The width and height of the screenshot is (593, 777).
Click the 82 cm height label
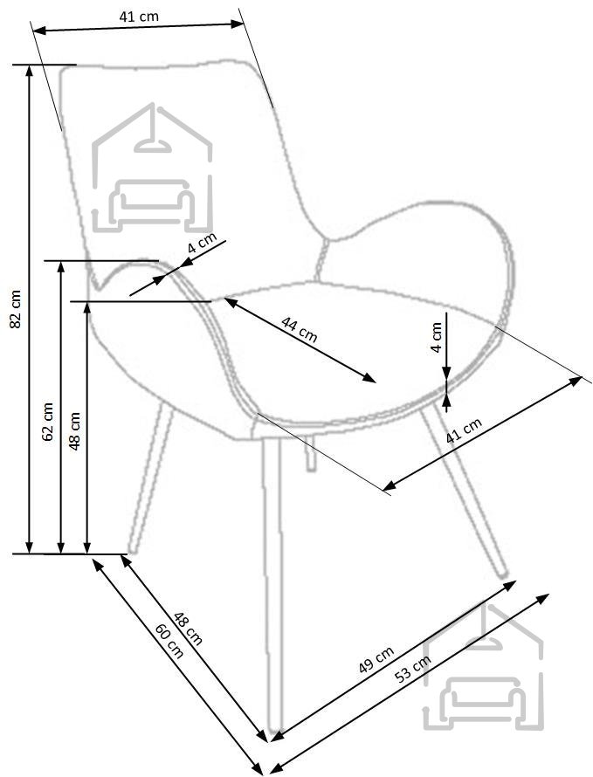click(x=16, y=309)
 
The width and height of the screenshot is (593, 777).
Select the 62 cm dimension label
click(x=48, y=422)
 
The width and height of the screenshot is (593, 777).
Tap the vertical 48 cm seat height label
click(x=74, y=430)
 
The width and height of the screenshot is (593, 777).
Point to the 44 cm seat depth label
click(x=299, y=329)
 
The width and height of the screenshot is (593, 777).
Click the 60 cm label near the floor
click(x=169, y=641)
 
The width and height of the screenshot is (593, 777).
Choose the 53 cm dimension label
click(x=413, y=669)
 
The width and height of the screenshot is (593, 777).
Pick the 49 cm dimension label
click(x=376, y=659)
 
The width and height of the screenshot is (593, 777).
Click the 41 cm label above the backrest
click(x=139, y=17)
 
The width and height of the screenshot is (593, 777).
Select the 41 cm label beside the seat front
click(x=464, y=431)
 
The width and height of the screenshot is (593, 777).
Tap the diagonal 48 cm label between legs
click(x=188, y=629)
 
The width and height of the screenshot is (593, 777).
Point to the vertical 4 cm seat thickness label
click(x=436, y=337)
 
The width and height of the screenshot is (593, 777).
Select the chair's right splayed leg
click(x=464, y=490)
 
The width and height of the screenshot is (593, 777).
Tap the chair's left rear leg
click(x=149, y=478)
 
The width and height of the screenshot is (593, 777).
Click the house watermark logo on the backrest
click(x=152, y=168)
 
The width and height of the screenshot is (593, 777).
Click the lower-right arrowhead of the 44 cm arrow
click(x=369, y=378)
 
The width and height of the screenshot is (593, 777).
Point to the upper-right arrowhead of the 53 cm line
click(x=543, y=598)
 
